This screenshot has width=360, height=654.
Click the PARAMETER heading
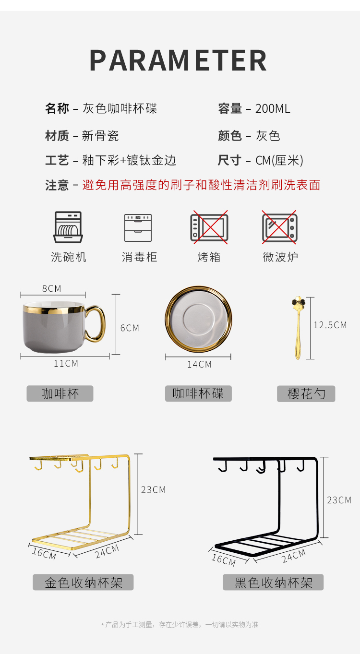(x=178, y=60)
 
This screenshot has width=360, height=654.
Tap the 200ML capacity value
(x=273, y=108)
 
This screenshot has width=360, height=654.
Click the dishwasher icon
(x=68, y=227)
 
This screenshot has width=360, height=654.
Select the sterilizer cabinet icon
(x=138, y=228)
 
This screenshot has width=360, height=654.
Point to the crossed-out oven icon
(x=209, y=227)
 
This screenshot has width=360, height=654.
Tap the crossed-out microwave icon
(x=279, y=227)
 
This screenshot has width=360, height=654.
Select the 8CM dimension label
(x=52, y=288)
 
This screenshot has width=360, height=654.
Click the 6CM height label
(x=130, y=328)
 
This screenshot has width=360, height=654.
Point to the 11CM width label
(x=66, y=363)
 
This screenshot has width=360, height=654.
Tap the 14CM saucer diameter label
(x=199, y=364)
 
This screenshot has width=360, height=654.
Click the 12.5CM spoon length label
(x=330, y=325)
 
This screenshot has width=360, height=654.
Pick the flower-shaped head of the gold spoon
(x=298, y=302)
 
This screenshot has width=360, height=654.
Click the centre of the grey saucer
(x=199, y=319)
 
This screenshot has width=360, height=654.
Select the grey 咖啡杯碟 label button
(x=198, y=393)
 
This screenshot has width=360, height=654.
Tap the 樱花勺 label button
(x=306, y=394)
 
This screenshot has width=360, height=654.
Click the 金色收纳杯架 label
(x=83, y=582)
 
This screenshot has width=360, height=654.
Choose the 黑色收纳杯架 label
(x=273, y=582)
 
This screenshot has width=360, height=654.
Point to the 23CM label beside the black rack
(x=339, y=500)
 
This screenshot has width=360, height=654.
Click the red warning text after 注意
(x=201, y=185)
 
